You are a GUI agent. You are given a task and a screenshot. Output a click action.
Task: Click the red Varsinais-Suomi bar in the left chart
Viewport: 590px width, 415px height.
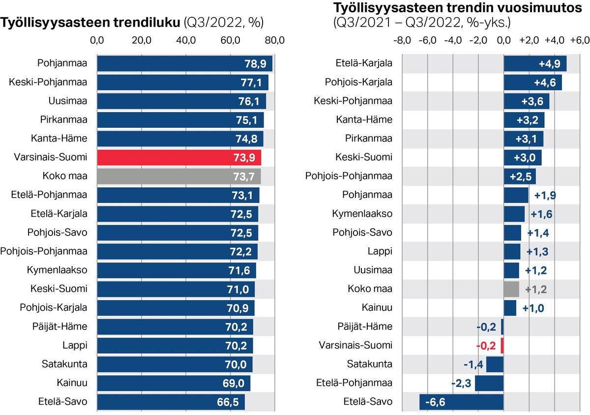179,157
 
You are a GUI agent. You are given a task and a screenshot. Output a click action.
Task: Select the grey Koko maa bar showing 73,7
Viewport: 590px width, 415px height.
179,176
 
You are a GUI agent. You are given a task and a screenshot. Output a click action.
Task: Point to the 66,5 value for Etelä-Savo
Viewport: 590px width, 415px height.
228,402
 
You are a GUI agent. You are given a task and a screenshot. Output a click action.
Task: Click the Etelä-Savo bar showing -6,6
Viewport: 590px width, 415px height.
461,402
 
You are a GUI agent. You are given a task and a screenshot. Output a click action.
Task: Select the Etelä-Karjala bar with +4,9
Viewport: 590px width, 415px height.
535,64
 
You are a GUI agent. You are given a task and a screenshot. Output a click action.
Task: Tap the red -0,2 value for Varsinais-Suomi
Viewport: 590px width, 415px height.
486,345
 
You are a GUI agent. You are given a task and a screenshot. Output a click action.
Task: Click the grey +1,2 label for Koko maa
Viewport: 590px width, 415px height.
536,289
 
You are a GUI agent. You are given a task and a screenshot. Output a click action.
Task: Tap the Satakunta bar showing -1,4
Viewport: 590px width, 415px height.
495,364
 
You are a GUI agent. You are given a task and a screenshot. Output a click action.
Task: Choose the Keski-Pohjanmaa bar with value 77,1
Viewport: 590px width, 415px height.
182,83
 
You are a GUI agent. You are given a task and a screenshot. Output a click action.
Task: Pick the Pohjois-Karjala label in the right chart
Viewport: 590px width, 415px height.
359,82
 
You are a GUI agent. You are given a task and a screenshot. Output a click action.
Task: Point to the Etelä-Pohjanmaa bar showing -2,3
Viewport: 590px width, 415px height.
489,383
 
